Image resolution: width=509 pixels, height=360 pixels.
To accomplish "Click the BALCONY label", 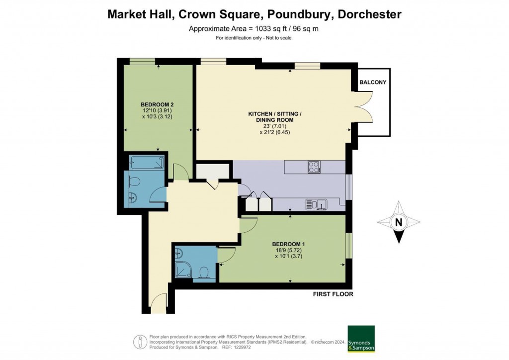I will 373,83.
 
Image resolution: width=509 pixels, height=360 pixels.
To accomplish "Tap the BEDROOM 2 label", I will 157,104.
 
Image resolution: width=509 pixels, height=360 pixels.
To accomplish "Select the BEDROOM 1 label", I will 288,244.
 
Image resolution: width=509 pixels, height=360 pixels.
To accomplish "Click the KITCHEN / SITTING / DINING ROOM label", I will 274,117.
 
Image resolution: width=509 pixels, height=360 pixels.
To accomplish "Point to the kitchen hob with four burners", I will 314,167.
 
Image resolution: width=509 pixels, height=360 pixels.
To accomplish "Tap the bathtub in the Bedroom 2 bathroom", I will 147,162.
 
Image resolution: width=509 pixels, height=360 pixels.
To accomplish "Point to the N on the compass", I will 398,222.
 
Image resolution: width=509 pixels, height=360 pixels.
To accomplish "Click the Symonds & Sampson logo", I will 361,339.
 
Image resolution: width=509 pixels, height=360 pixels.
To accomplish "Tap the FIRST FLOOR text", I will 333,294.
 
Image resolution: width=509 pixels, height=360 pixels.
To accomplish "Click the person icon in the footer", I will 140,342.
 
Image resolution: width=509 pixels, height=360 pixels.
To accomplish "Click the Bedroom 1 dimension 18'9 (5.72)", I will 288,250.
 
